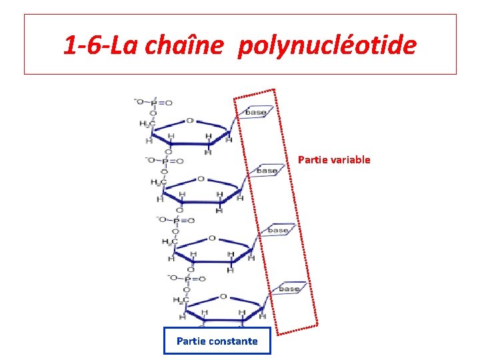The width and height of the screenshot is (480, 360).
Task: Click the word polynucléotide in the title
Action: pyautogui.click(x=327, y=46)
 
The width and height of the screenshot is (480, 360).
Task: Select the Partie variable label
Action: pyautogui.click(x=334, y=160)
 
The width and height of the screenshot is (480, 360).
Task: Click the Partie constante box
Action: pyautogui.click(x=217, y=341)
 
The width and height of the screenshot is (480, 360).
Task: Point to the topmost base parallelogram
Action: pyautogui.click(x=255, y=112)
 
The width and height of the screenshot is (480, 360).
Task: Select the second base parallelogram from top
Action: pyautogui.click(x=267, y=171)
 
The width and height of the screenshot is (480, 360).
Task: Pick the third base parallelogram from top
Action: pyautogui.click(x=278, y=230)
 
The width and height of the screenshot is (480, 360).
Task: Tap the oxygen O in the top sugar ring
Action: pyautogui.click(x=189, y=121)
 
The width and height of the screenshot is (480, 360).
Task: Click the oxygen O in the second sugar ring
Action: pyautogui.click(x=201, y=179)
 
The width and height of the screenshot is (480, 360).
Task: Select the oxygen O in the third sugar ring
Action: pyautogui.click(x=212, y=238)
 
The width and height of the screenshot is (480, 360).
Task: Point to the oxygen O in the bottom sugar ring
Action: pyautogui.click(x=223, y=297)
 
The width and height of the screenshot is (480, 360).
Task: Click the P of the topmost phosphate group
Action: pyautogui.click(x=153, y=103)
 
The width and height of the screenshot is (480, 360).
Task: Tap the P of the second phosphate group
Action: pyautogui.click(x=164, y=161)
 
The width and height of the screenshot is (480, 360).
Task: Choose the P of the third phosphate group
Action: pyautogui.click(x=176, y=220)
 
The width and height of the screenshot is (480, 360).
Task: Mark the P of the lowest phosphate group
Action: pyautogui.click(x=187, y=278)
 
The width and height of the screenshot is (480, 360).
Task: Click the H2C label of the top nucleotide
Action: pyautogui.click(x=147, y=123)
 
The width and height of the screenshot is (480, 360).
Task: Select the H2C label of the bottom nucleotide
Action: pyautogui.click(x=181, y=299)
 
